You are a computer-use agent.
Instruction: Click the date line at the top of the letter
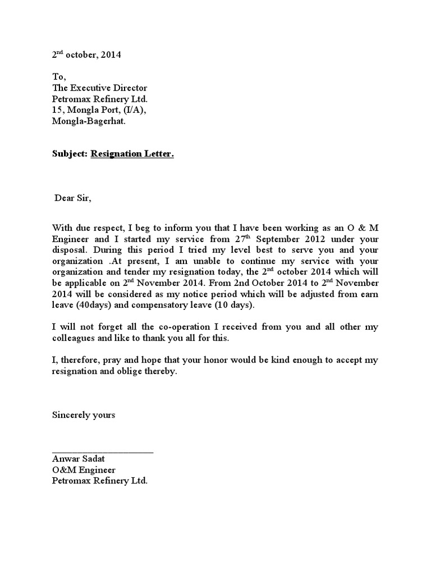pos(86,55)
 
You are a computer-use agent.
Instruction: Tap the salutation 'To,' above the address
pos(59,77)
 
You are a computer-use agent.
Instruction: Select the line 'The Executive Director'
pos(99,88)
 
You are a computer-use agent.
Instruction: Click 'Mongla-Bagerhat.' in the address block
pos(89,121)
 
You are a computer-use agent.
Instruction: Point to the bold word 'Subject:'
pos(70,154)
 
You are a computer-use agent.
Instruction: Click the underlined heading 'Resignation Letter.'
pos(132,154)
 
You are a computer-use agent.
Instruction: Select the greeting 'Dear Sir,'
pos(72,198)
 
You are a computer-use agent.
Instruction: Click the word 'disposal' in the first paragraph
pos(69,250)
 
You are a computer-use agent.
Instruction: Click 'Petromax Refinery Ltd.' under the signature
pos(99,481)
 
